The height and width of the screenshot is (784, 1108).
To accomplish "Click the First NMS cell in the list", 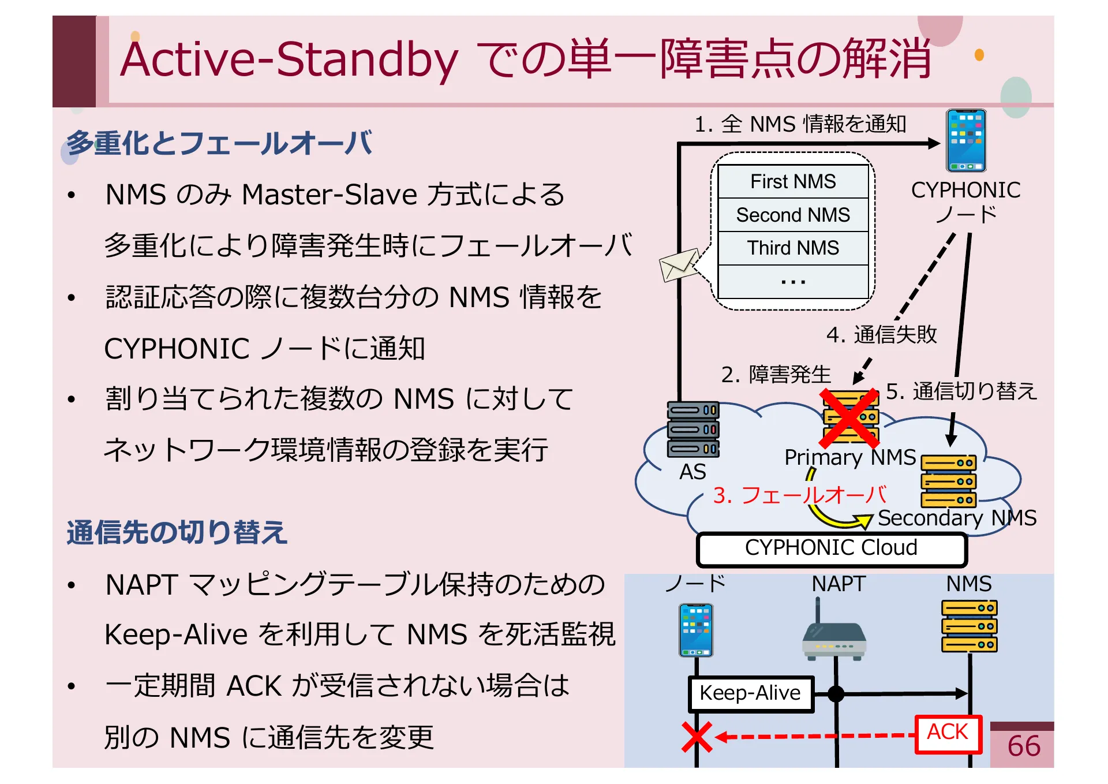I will tap(792, 181).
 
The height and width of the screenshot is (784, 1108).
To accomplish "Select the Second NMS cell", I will tap(792, 215).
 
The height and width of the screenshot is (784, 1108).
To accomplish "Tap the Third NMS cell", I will tap(792, 248).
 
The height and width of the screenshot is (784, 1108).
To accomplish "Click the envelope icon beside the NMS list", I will tap(679, 265).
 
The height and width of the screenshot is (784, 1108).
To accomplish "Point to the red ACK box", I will tap(948, 733).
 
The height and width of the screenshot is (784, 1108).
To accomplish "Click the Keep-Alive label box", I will tap(750, 693).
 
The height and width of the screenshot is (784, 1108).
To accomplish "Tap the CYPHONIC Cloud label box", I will tap(831, 548).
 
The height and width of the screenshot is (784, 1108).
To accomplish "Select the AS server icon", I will tap(693, 429).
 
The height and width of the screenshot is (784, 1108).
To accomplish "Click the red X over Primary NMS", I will tap(849, 419).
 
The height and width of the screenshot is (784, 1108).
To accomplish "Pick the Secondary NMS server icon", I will tap(948, 481).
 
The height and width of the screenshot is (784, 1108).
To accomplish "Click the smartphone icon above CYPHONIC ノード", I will tap(965, 141).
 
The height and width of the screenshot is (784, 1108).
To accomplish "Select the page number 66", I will tap(1023, 746).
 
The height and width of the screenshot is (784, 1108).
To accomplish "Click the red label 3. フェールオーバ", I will tap(799, 495).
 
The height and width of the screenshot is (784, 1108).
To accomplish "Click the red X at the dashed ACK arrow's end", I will tap(697, 737).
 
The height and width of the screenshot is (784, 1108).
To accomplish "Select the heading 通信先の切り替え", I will tap(177, 532).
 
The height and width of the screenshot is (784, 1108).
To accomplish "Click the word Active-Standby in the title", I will tap(289, 59).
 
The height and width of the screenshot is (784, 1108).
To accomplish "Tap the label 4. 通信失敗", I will tap(881, 334).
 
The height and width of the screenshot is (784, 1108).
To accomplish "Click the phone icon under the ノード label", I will tap(696, 630).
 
